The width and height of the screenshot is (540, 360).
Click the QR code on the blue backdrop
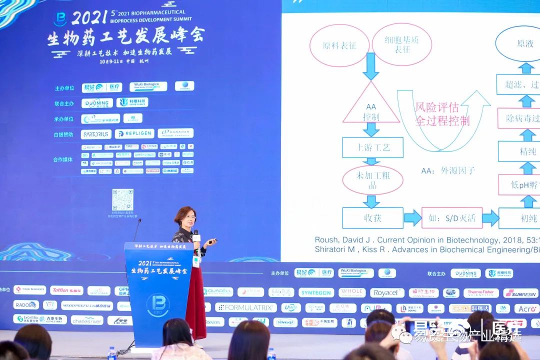pos(122,199)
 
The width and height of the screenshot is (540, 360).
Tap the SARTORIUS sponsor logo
pos(96,134)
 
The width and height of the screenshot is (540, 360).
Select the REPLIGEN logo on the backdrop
pos(134,134)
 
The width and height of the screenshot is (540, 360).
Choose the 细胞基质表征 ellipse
pos(402,44)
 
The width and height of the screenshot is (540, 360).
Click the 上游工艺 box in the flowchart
pos(372,147)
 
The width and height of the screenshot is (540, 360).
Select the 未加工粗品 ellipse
pos(372,180)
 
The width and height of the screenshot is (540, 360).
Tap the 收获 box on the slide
pos(372,218)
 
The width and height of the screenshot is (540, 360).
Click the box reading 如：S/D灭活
pos(451,218)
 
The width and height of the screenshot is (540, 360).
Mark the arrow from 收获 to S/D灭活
pos(412,218)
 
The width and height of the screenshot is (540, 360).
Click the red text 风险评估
pos(436,107)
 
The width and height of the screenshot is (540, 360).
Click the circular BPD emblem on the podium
pos(157,304)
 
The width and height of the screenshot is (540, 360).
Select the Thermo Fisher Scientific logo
pos(480,293)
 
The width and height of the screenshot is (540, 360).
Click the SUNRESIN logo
pos(520,293)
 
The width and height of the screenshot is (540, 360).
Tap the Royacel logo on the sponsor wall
pos(387,292)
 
